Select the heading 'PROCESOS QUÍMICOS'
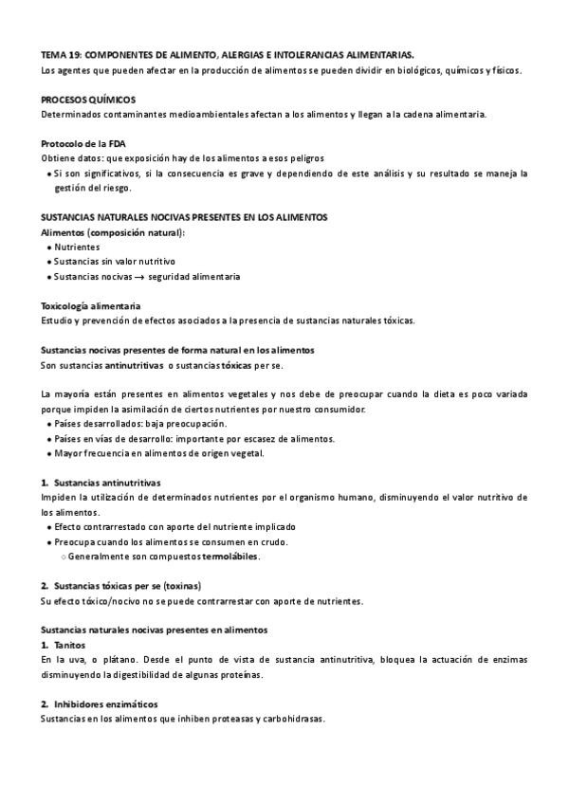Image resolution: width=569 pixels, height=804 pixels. point(88,100)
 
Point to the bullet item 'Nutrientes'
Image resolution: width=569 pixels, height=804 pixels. point(77,247)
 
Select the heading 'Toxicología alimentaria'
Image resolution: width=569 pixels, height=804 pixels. point(92,306)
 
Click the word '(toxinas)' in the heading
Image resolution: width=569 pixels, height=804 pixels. point(180,585)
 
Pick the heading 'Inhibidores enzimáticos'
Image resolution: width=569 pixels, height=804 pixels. point(105,704)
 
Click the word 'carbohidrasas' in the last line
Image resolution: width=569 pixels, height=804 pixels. point(291,719)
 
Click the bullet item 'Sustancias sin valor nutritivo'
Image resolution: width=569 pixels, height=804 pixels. point(115,262)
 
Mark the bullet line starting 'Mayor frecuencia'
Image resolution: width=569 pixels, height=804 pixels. point(146,453)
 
